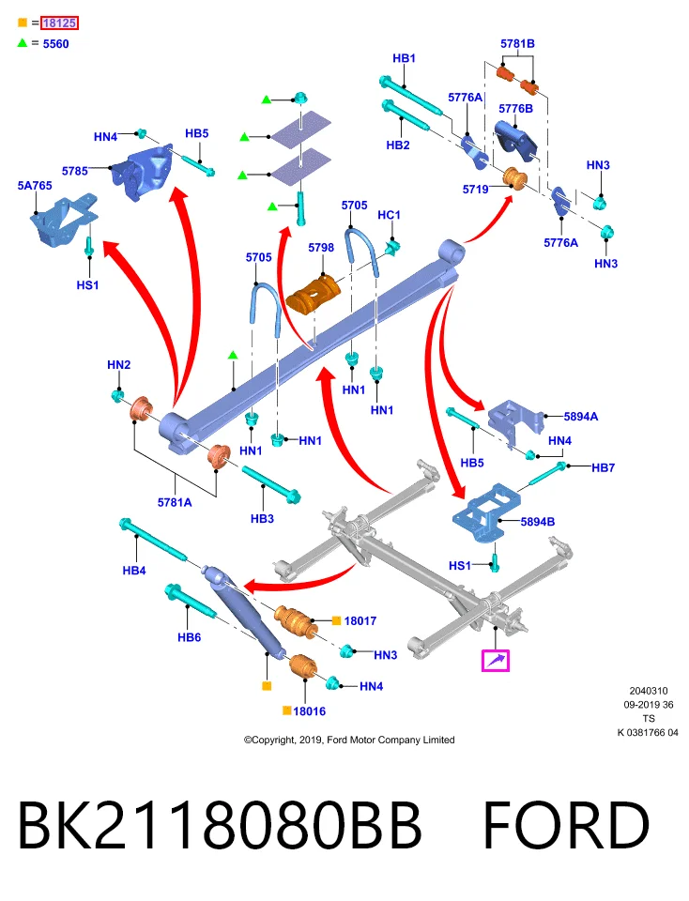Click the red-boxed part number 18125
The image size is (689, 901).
tap(59, 23)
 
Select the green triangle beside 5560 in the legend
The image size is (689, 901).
tap(23, 42)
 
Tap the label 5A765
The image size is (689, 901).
tap(35, 186)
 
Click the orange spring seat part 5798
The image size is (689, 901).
tap(314, 294)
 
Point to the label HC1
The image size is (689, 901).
tap(389, 215)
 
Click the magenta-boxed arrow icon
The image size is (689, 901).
tap(496, 660)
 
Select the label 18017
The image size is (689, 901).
tap(360, 620)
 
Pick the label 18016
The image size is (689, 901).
tap(309, 711)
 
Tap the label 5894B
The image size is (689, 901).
tap(538, 522)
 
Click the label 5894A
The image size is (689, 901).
tap(581, 417)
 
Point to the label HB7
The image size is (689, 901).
tap(604, 467)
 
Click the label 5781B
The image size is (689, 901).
tap(517, 44)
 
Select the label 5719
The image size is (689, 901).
tap(476, 189)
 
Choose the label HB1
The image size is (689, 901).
tap(404, 58)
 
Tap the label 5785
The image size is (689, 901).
tap(75, 171)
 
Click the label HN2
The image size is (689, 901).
tap(119, 365)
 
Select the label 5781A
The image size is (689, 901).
tap(175, 502)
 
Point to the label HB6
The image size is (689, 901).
tap(189, 637)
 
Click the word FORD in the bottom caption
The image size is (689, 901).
tap(567, 825)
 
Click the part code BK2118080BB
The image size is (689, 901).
tap(220, 825)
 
